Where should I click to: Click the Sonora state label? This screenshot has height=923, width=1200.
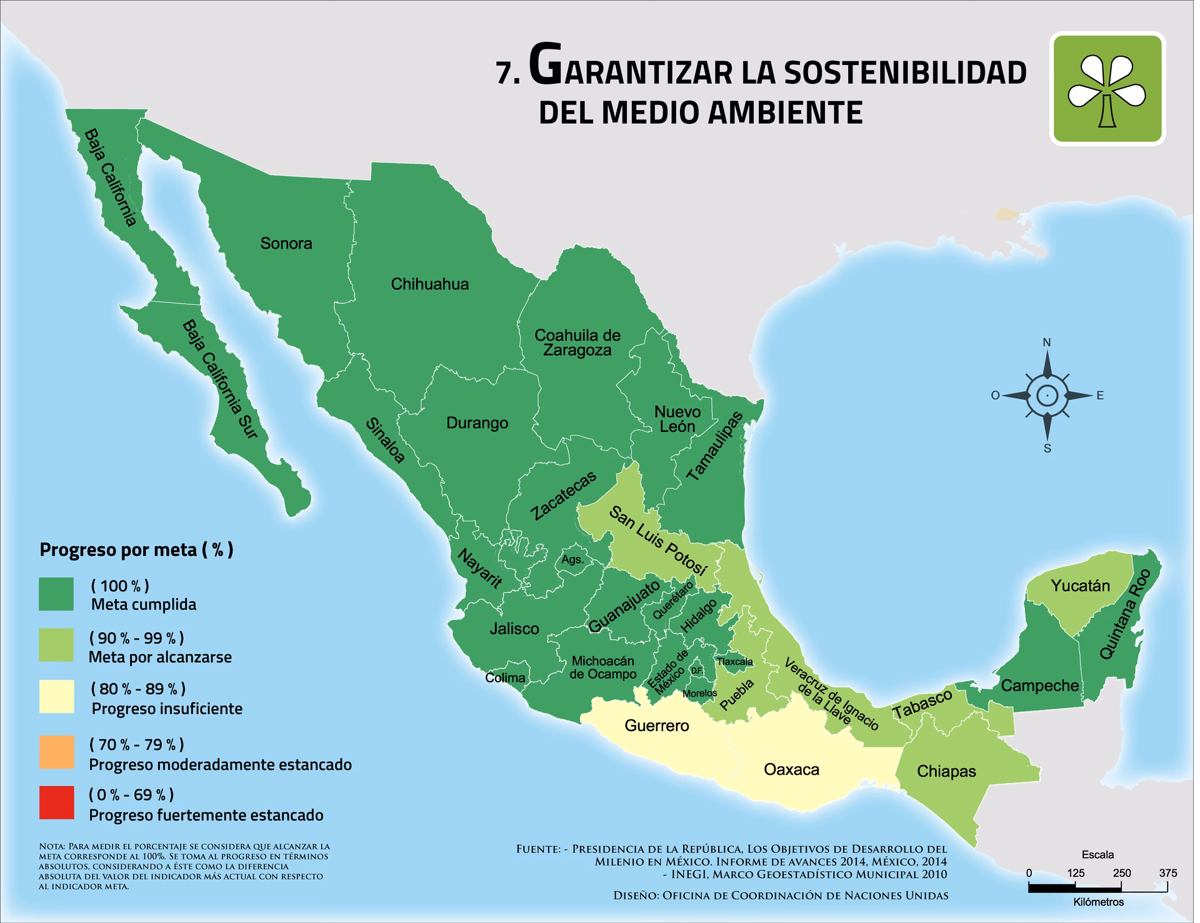(x=286, y=243)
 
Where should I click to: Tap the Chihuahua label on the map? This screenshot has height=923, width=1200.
(x=430, y=285)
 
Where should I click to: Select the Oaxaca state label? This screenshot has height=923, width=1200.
(x=792, y=770)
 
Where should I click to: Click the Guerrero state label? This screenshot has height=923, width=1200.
(x=657, y=725)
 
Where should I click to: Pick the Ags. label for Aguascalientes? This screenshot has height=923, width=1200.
(x=572, y=560)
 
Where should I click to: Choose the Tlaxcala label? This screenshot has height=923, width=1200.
(x=735, y=662)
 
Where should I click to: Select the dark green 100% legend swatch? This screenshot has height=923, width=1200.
(x=56, y=594)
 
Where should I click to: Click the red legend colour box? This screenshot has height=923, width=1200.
(x=56, y=803)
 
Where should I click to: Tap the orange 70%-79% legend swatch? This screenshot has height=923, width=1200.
(x=56, y=752)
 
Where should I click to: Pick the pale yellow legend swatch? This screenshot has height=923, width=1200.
(x=56, y=697)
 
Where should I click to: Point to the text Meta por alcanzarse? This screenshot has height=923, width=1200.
(x=160, y=657)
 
